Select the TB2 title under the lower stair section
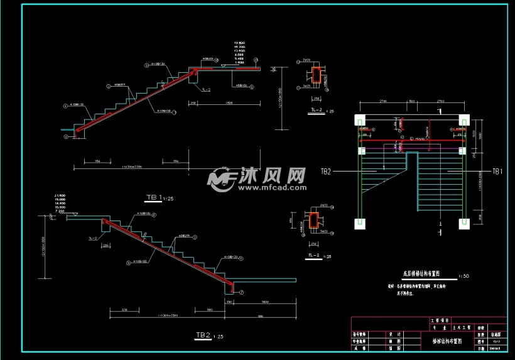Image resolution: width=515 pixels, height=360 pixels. pos(202,335)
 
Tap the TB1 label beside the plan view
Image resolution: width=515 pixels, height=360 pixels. pos(497,171)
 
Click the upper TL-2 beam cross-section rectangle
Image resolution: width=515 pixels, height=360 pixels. pos(317,75)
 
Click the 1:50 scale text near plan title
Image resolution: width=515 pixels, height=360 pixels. pos(463,275)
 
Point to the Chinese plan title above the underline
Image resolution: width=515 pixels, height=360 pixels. pos(420,274)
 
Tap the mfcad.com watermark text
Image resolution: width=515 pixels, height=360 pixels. pos(271,187)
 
